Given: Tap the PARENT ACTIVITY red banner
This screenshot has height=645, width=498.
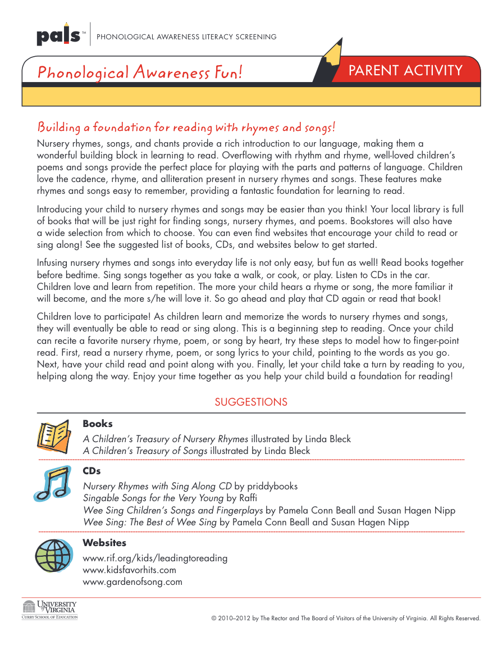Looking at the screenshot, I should click(405, 70).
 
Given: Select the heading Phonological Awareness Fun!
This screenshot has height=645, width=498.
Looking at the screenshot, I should click(140, 72).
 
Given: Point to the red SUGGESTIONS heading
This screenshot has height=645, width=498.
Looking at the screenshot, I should click(251, 402).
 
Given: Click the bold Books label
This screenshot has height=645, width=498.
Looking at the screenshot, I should click(98, 424).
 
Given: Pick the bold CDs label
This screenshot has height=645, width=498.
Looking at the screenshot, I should click(92, 471).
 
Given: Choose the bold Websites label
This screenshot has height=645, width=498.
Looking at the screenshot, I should click(104, 543).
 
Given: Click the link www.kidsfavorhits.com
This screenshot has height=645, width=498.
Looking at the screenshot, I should click(129, 570).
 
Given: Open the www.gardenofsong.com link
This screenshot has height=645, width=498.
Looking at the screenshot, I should click(133, 582).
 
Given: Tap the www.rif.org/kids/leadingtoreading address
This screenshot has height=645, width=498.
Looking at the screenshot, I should click(155, 558).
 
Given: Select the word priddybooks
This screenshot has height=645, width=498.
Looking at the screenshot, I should click(273, 486).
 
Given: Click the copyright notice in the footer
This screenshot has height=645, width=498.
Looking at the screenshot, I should click(346, 618).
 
